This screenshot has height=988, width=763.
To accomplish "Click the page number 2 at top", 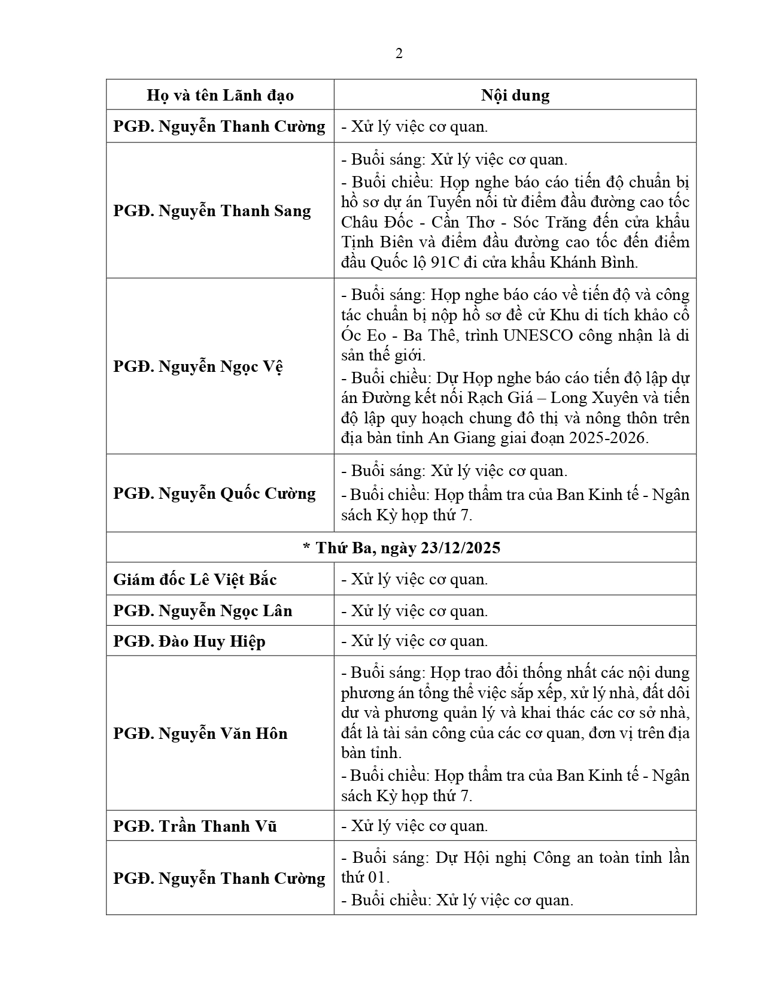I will point(399,54).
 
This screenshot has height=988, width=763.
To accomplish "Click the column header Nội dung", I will point(515,95).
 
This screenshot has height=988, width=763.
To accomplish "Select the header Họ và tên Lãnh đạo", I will point(220,95).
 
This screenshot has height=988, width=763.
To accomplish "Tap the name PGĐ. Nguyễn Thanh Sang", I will point(212,211).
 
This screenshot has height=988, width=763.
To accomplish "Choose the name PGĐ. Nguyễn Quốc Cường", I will point(214,493).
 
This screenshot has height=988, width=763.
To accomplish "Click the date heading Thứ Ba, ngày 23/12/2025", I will point(401,548).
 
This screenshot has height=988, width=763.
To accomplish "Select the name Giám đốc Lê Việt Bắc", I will point(195,580).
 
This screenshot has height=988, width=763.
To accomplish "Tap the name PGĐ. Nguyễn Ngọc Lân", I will point(203,611).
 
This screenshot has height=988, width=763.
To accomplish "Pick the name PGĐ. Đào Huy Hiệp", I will point(189,641).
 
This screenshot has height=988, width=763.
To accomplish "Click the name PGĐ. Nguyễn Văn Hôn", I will point(200,734).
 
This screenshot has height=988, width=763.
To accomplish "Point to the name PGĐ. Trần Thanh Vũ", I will point(195,826).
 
